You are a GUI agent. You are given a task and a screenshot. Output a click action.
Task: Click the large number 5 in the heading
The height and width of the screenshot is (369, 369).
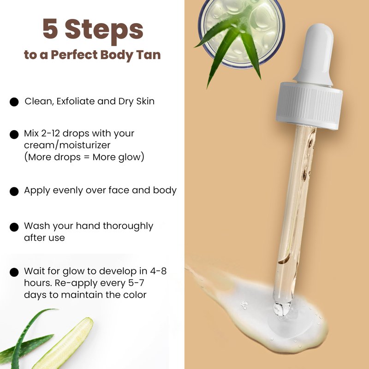click(50, 29)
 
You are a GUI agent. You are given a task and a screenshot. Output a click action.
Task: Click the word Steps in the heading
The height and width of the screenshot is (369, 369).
click(104, 31)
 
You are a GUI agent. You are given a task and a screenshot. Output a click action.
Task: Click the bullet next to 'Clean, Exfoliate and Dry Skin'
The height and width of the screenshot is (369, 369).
click(14, 102)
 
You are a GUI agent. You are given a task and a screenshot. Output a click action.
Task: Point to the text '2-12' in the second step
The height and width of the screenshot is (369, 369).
click(50, 133)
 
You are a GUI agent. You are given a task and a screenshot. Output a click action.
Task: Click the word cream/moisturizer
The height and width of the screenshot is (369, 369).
click(67, 145)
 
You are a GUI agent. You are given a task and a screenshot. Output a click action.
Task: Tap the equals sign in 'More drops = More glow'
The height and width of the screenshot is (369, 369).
click(87, 157)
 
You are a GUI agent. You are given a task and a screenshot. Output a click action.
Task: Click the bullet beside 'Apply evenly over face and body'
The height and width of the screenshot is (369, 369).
click(14, 191)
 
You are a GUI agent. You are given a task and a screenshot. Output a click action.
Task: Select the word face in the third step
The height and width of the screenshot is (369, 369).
click(119, 190)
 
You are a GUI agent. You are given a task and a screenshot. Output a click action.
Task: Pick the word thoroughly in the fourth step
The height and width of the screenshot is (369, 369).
click(128, 226)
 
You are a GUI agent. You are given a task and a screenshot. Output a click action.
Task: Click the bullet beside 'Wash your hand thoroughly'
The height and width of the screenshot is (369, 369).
click(14, 227)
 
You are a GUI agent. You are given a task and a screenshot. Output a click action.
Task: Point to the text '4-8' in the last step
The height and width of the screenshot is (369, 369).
click(158, 271)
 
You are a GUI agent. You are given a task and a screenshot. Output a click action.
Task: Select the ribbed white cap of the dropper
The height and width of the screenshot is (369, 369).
click(309, 106)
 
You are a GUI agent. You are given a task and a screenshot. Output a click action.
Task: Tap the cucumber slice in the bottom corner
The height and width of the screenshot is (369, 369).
click(63, 344)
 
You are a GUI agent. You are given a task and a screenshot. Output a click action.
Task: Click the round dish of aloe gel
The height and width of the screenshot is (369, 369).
click(242, 33)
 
